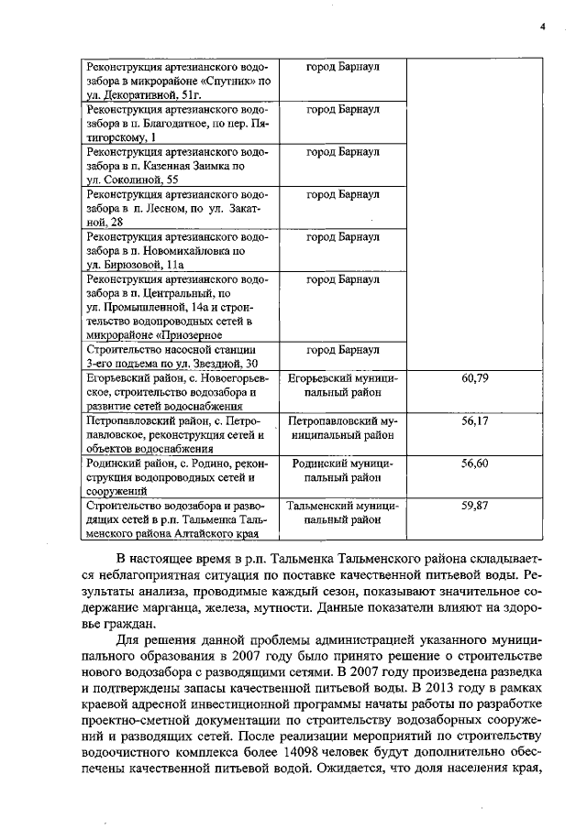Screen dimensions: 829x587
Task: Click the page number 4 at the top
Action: click(x=542, y=27)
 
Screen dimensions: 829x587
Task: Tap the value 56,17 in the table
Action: click(x=474, y=421)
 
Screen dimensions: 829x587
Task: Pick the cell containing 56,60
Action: click(x=474, y=464)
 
